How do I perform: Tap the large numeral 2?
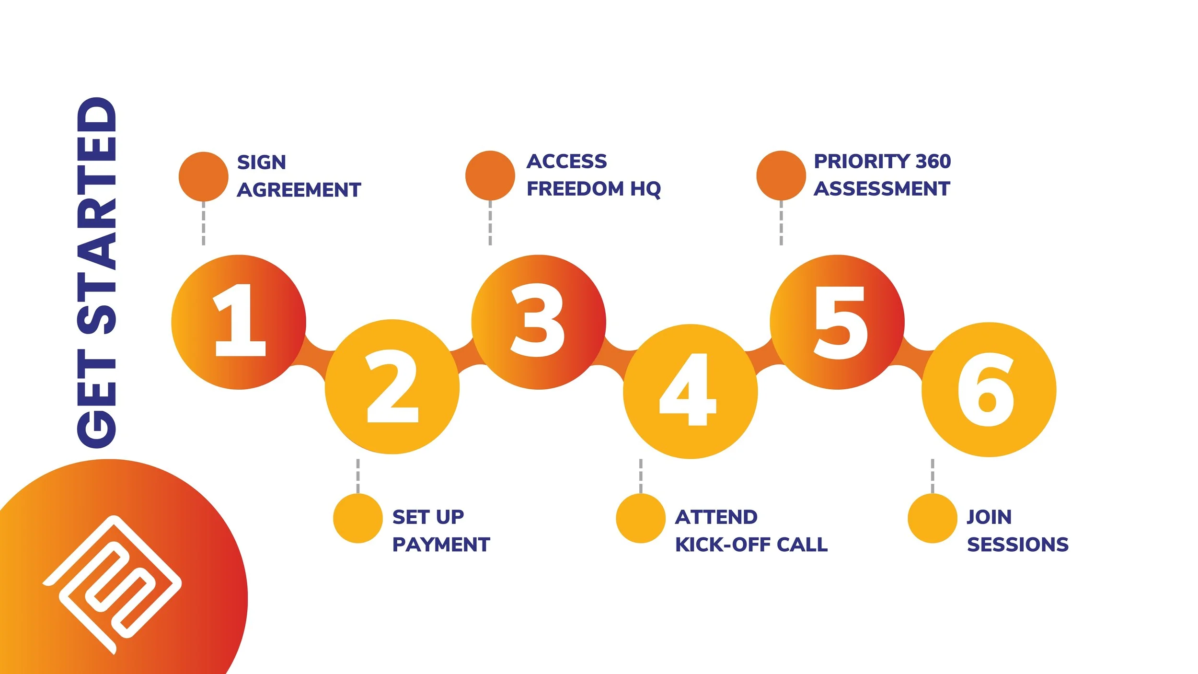pyautogui.click(x=392, y=386)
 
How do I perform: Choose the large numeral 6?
pyautogui.click(x=986, y=389)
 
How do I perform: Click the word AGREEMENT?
pyautogui.click(x=299, y=190)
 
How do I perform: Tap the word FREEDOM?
pyautogui.click(x=576, y=189)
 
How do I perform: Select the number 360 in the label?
pyautogui.click(x=933, y=162)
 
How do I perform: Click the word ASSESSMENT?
pyautogui.click(x=882, y=189)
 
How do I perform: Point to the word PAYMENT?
pyautogui.click(x=441, y=545)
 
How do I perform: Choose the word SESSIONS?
pyautogui.click(x=1018, y=545)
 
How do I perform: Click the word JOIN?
pyautogui.click(x=989, y=517)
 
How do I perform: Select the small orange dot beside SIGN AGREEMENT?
pyautogui.click(x=204, y=176)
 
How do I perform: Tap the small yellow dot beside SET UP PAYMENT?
pyautogui.click(x=358, y=519)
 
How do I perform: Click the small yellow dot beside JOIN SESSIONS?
pyautogui.click(x=933, y=519)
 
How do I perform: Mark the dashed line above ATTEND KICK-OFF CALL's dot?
pyautogui.click(x=641, y=476)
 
